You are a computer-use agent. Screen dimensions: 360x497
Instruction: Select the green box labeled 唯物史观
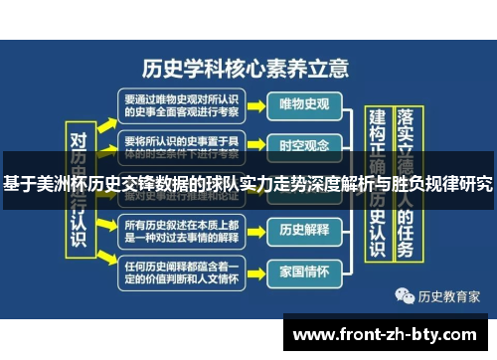click(x=304, y=102)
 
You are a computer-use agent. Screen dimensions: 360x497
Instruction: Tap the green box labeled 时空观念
click(x=304, y=145)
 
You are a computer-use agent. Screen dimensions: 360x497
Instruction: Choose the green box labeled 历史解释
click(x=304, y=229)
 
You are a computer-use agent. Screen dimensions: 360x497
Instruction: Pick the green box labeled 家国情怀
click(x=304, y=270)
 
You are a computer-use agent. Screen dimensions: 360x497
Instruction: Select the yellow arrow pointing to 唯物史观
click(x=256, y=102)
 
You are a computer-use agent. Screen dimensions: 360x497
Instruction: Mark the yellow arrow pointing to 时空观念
click(x=256, y=145)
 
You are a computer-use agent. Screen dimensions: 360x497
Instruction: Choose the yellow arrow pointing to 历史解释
click(x=256, y=229)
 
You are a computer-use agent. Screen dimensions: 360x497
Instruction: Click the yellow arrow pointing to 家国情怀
click(x=256, y=270)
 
